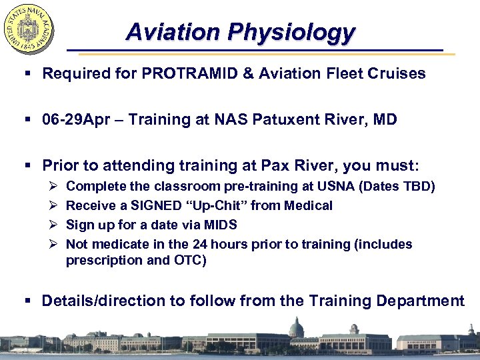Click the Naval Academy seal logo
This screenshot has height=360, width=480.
click(29, 29)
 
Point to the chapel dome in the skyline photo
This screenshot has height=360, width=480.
click(295, 327)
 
